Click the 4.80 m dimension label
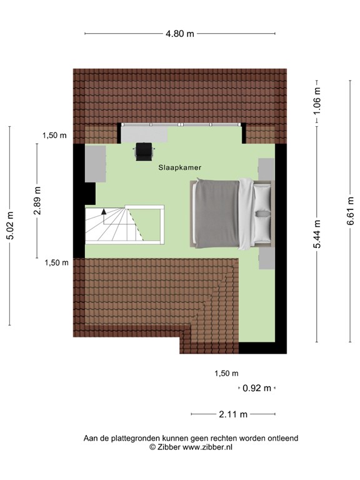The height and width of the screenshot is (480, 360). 179,34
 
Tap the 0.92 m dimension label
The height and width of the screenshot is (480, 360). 257,388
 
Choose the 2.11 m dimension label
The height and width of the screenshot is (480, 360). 233,414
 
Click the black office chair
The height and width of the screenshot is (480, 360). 144,150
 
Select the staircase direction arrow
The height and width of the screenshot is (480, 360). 104,216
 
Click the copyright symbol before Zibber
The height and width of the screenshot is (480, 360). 151,447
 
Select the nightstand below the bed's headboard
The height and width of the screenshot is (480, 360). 266,257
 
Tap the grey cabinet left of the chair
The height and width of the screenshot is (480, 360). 95,164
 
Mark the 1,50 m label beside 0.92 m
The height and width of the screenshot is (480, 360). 226,374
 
